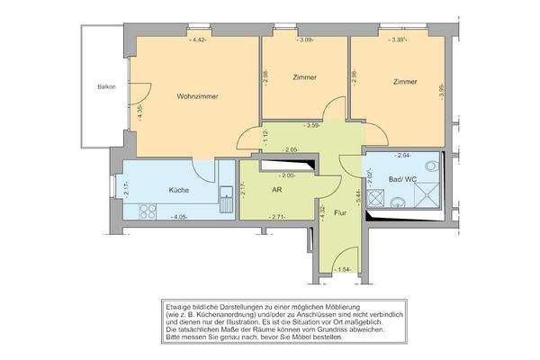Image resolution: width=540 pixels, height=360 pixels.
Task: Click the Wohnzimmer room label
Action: point(198,95)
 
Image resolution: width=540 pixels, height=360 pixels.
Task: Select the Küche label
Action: point(178,191)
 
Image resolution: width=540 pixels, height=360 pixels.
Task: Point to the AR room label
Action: point(278,191)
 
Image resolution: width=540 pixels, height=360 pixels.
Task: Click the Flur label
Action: point(340,213)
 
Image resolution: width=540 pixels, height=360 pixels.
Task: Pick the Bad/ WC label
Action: point(403,180)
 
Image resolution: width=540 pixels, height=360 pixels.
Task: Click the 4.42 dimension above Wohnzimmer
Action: point(200,40)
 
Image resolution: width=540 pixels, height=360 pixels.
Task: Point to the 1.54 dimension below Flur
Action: point(342,270)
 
